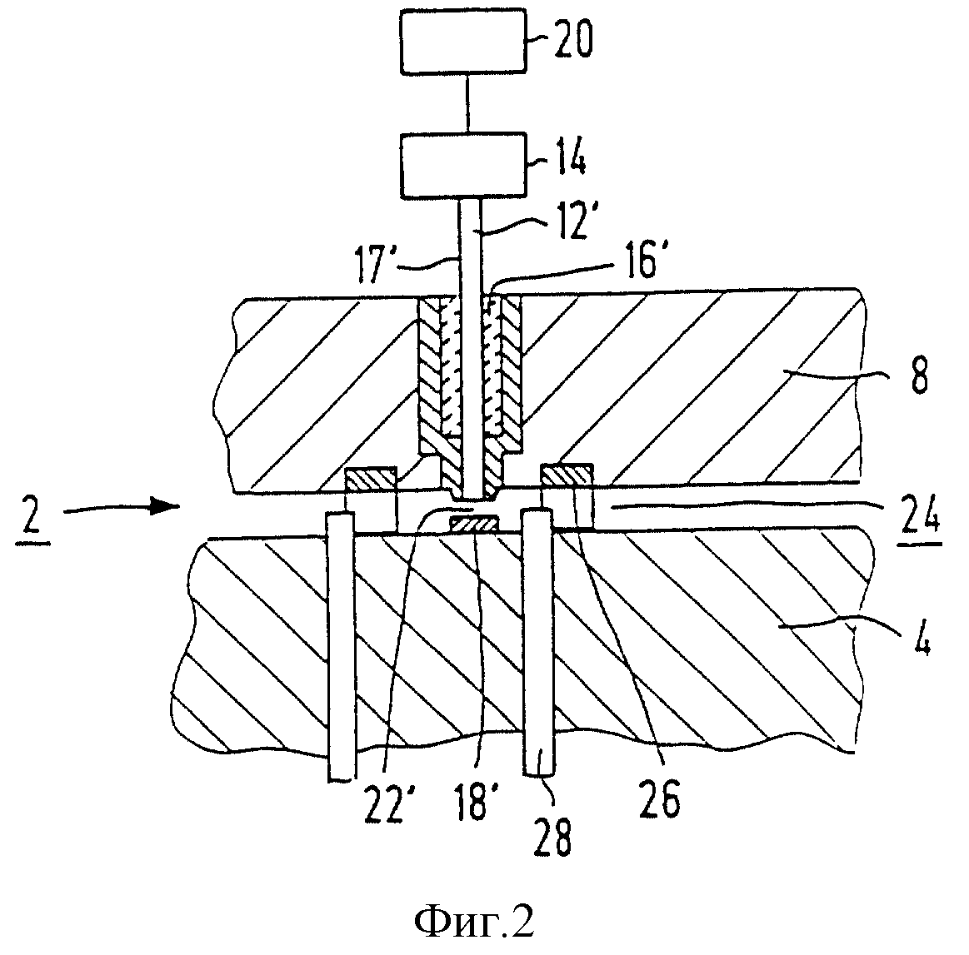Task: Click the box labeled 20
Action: click(x=463, y=42)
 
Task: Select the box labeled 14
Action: click(x=463, y=166)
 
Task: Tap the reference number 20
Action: click(x=573, y=40)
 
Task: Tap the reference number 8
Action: click(x=920, y=377)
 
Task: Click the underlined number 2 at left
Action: click(x=32, y=519)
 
